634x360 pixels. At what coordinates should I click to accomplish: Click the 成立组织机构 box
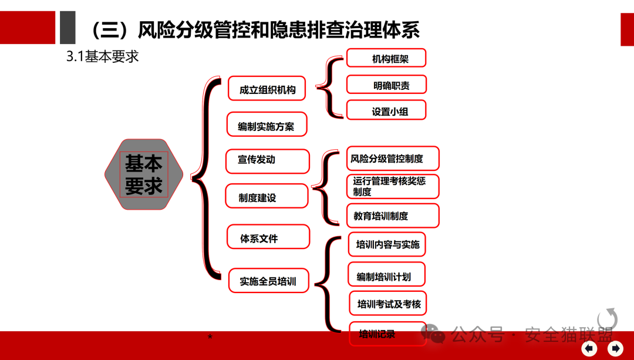click(267, 89)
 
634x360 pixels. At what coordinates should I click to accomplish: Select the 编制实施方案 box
click(267, 125)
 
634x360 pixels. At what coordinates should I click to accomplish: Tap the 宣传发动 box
click(268, 161)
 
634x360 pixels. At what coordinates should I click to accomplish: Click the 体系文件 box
click(268, 237)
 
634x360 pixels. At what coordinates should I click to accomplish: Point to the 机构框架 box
click(386, 58)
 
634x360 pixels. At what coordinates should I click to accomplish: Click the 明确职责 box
click(386, 85)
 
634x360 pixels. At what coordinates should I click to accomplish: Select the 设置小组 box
click(386, 110)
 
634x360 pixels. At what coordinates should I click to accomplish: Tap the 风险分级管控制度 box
click(392, 159)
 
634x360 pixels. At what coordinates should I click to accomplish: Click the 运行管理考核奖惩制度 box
click(392, 186)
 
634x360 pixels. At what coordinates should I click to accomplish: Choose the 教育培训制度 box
click(392, 216)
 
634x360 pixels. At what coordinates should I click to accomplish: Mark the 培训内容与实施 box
click(387, 244)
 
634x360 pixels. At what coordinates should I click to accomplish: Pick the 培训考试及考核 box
click(389, 303)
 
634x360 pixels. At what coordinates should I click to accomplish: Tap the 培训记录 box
click(387, 333)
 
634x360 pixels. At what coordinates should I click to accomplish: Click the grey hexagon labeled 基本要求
click(144, 174)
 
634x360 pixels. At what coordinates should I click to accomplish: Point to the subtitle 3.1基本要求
click(102, 57)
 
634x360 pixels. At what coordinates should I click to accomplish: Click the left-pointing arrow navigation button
click(589, 348)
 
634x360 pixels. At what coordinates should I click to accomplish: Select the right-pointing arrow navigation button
click(615, 348)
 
